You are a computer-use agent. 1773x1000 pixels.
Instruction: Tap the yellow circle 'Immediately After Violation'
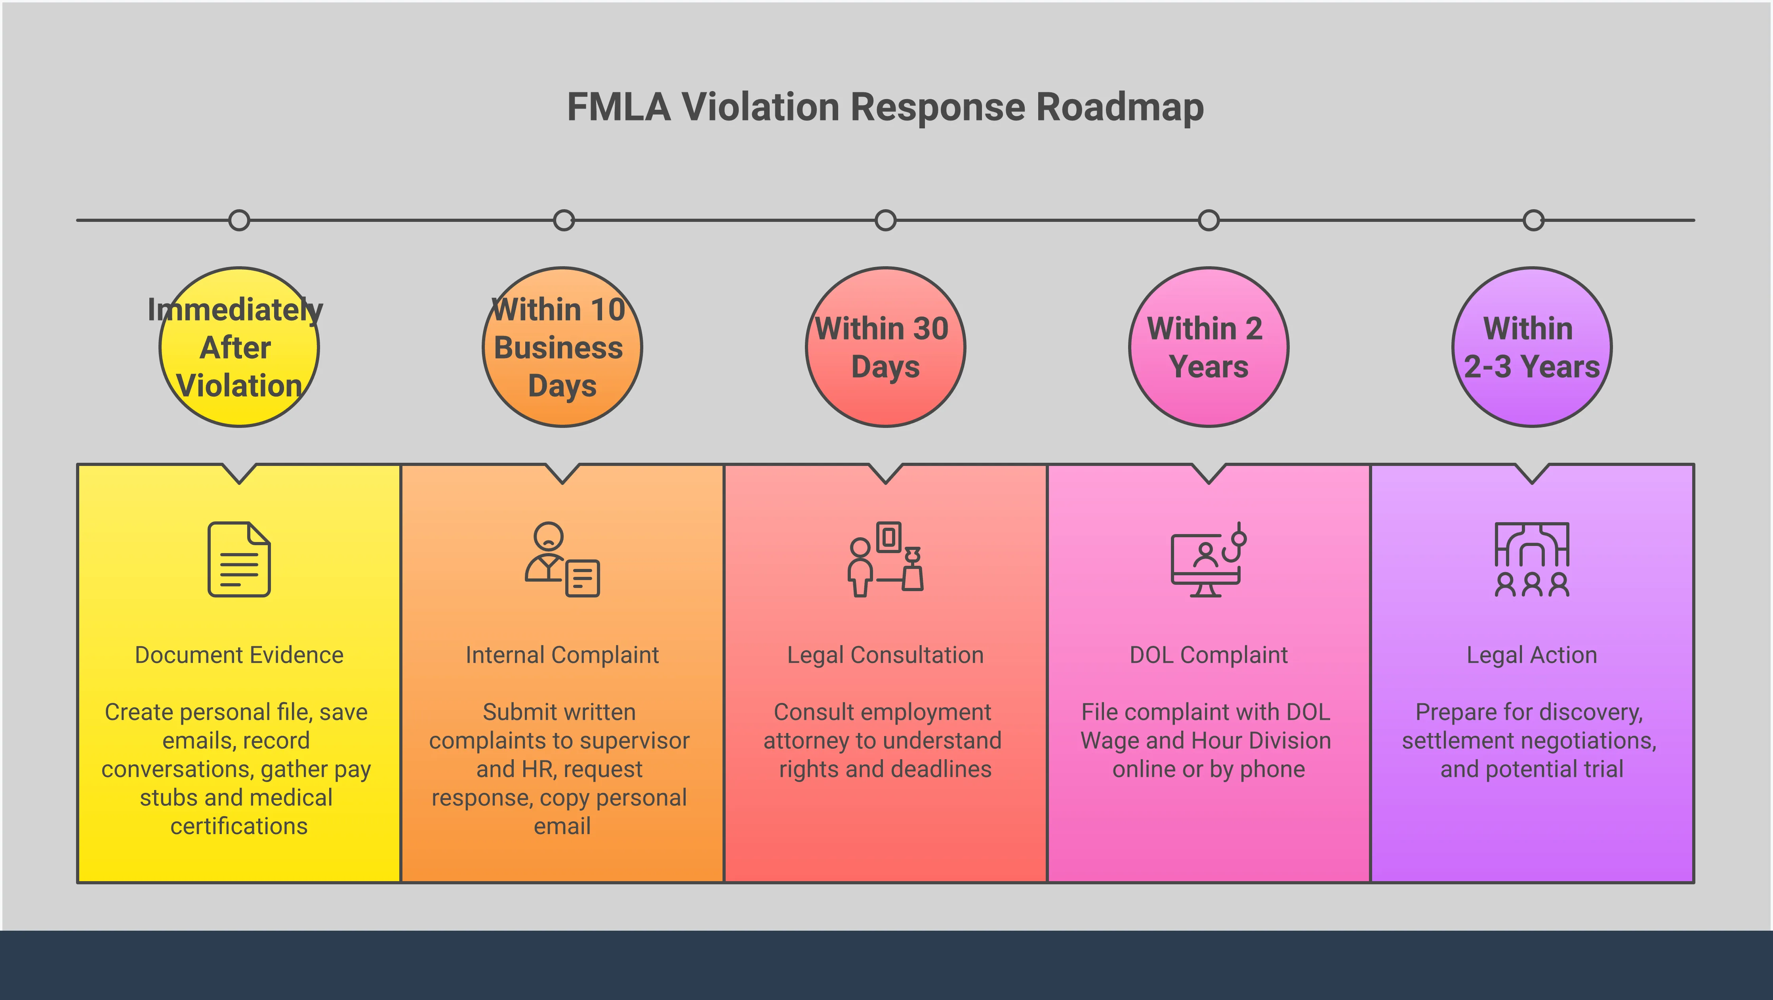(239, 347)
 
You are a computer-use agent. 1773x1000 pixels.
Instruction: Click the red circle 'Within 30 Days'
(885, 347)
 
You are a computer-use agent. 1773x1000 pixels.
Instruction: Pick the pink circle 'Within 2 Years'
(1209, 347)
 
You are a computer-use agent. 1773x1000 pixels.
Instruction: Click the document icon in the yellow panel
(239, 559)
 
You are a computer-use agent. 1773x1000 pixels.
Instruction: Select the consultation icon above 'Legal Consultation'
(885, 559)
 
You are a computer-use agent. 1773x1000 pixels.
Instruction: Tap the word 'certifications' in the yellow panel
(239, 826)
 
